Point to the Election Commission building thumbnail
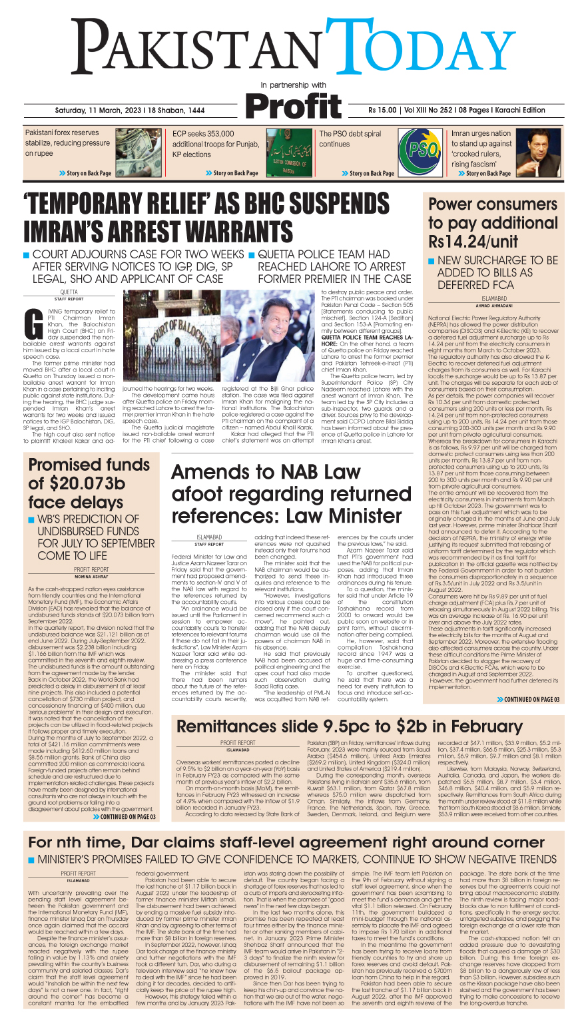[284, 152]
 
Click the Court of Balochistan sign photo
[172, 337]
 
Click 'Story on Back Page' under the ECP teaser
[231, 173]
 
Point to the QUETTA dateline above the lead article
[69, 292]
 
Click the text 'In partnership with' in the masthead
[293, 85]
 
